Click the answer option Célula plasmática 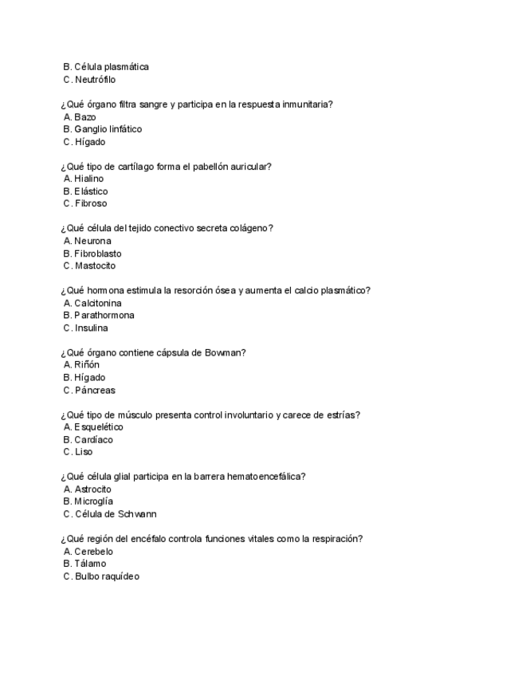point(112,67)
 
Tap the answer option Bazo point(84,117)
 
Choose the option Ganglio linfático point(108,129)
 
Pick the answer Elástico point(91,191)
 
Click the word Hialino point(88,179)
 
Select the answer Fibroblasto point(98,253)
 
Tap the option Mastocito point(95,265)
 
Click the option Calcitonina point(98,303)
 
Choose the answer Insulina point(92,328)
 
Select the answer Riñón point(87,365)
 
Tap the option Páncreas point(95,390)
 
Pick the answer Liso point(84,452)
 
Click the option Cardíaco point(93,439)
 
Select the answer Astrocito point(92,489)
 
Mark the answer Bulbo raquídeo point(107,576)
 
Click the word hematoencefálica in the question point(266,477)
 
